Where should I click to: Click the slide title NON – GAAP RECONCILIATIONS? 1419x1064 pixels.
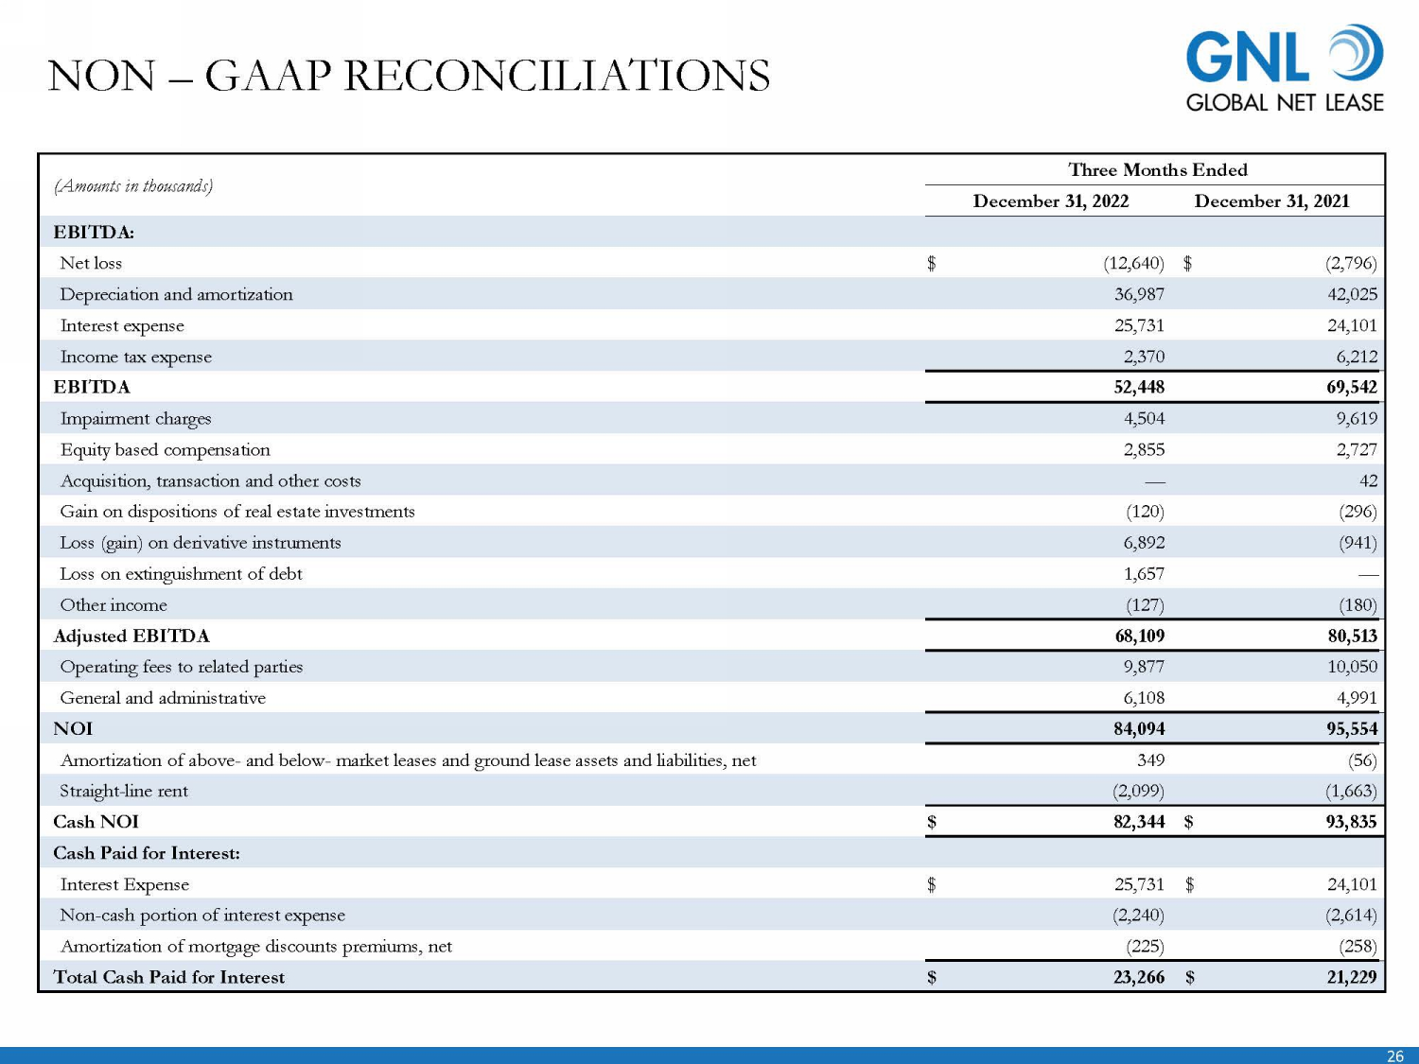tap(409, 76)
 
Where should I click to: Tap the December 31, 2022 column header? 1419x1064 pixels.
tap(1050, 201)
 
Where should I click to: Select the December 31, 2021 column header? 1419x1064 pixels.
tap(1271, 201)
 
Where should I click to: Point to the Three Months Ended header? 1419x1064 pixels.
tap(1157, 169)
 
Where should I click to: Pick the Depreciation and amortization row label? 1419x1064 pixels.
tap(176, 294)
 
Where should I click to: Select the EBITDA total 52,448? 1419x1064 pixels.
tap(1139, 387)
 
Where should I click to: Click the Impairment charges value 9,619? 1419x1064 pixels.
tap(1357, 418)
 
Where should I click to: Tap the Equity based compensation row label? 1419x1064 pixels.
tap(165, 449)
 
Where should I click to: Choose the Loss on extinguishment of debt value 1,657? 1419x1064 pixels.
tap(1144, 573)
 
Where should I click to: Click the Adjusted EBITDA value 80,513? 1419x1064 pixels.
tap(1352, 636)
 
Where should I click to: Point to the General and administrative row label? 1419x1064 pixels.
tap(163, 698)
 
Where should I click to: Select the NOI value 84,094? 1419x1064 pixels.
tap(1139, 728)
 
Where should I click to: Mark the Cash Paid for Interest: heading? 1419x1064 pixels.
tap(147, 853)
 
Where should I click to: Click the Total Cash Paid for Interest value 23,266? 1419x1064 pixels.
tap(1139, 977)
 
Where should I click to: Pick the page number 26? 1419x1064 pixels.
tap(1394, 1056)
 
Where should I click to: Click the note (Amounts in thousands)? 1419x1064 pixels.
tap(133, 185)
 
